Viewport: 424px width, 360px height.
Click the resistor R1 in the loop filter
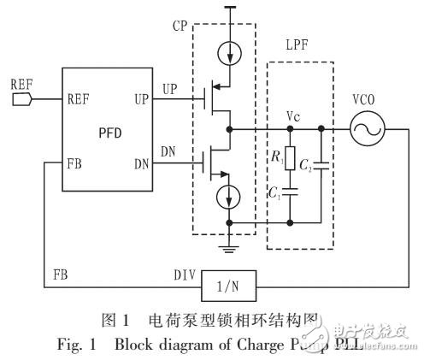click(x=291, y=159)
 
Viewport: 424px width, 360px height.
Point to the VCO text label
click(x=371, y=98)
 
